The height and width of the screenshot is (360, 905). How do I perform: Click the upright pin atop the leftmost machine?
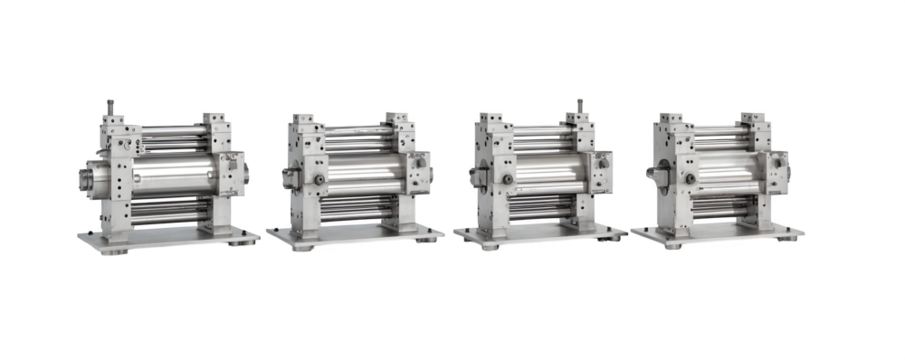click(111, 105)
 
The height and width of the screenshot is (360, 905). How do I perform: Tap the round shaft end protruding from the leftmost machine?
click(90, 178)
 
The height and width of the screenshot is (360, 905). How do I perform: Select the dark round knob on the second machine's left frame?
click(318, 179)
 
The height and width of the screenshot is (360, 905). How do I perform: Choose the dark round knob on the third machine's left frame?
click(507, 179)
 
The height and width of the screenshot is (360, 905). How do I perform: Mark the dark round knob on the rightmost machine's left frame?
click(690, 178)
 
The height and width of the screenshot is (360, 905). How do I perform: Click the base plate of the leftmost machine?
click(168, 239)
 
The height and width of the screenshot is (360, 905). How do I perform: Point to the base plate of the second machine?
click(355, 237)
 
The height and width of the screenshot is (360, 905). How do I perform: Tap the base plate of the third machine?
click(540, 234)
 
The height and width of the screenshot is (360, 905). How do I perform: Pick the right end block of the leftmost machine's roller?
click(232, 173)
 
